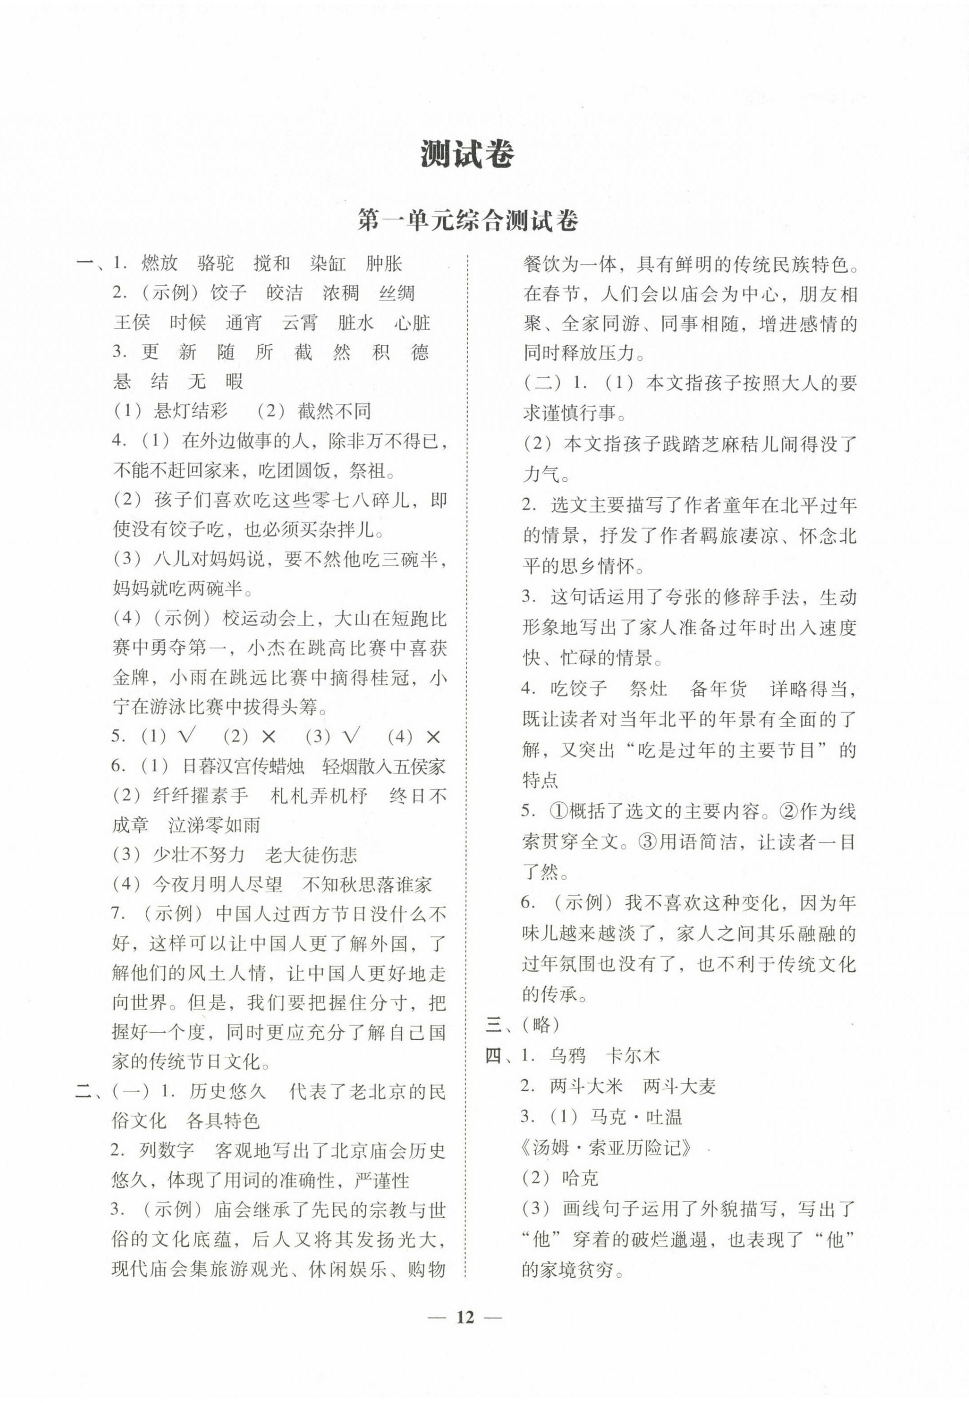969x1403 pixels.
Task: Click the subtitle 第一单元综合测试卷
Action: point(467,221)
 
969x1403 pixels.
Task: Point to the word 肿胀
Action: point(384,263)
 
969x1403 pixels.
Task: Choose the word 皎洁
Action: point(285,293)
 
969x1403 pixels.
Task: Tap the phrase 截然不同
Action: point(334,411)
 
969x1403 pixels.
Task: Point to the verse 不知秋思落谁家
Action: point(367,885)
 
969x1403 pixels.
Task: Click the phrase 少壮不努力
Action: point(199,855)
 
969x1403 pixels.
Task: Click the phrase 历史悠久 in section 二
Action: point(228,1092)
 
